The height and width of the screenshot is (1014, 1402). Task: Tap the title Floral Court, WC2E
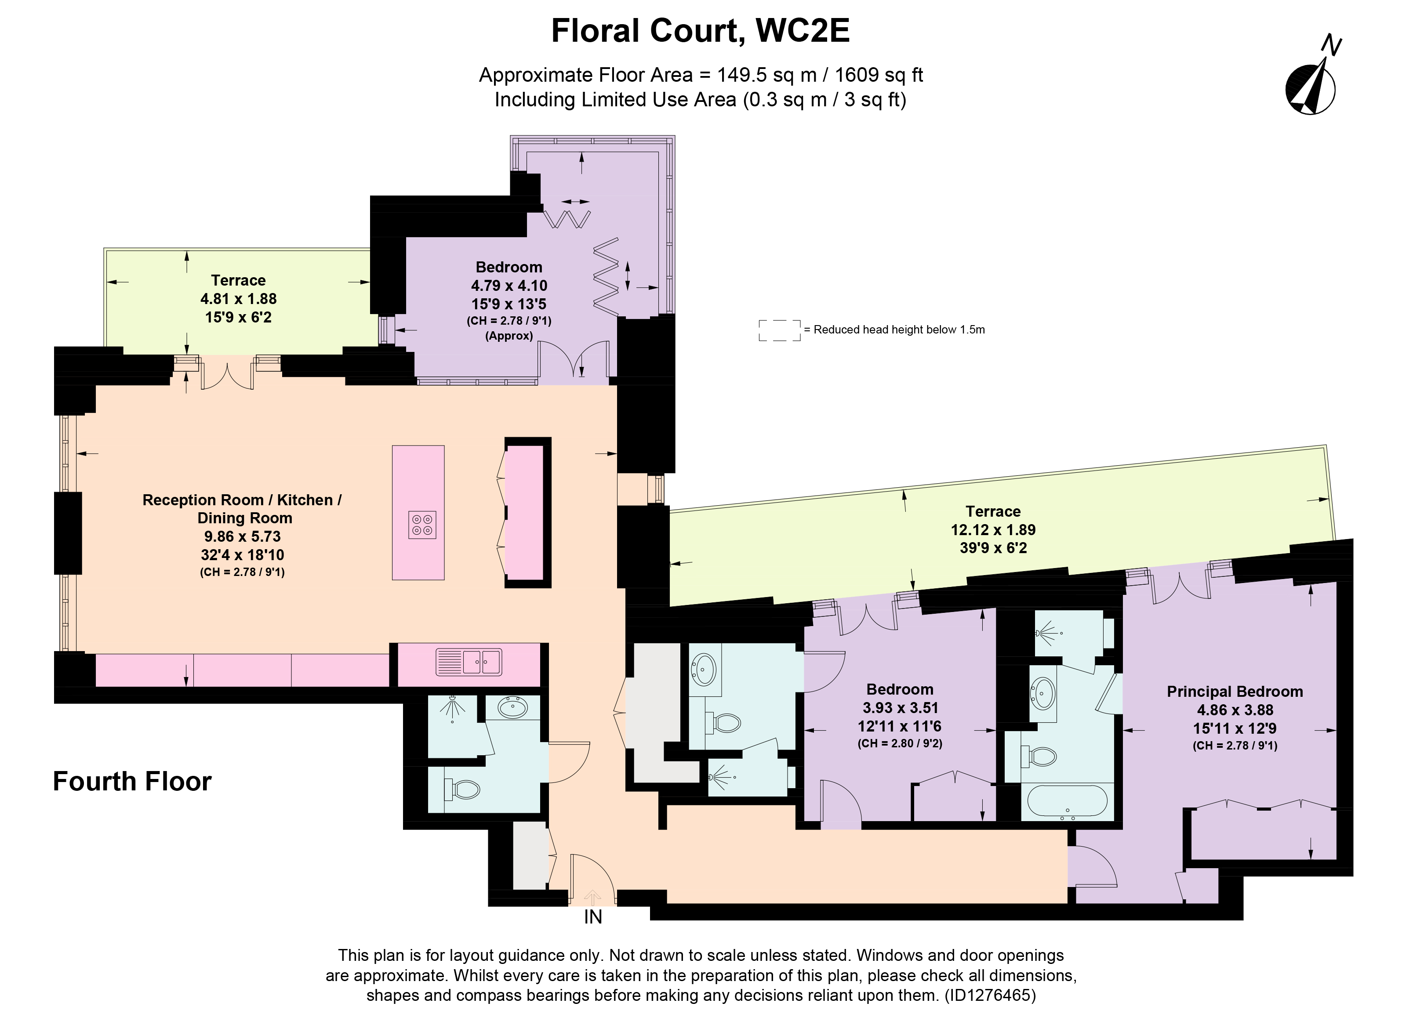(701, 31)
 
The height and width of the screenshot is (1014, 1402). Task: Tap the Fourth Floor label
(132, 782)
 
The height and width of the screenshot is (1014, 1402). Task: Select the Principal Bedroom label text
(1235, 692)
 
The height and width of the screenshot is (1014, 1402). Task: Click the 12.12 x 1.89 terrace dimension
(993, 529)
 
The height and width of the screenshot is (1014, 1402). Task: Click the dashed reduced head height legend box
(780, 330)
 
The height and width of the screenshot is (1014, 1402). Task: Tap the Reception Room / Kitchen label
(242, 500)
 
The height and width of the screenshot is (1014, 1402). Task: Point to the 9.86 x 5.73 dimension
(242, 536)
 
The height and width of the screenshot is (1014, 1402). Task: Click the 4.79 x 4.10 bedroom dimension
(509, 286)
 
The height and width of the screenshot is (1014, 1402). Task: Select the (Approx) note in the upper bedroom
(509, 336)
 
